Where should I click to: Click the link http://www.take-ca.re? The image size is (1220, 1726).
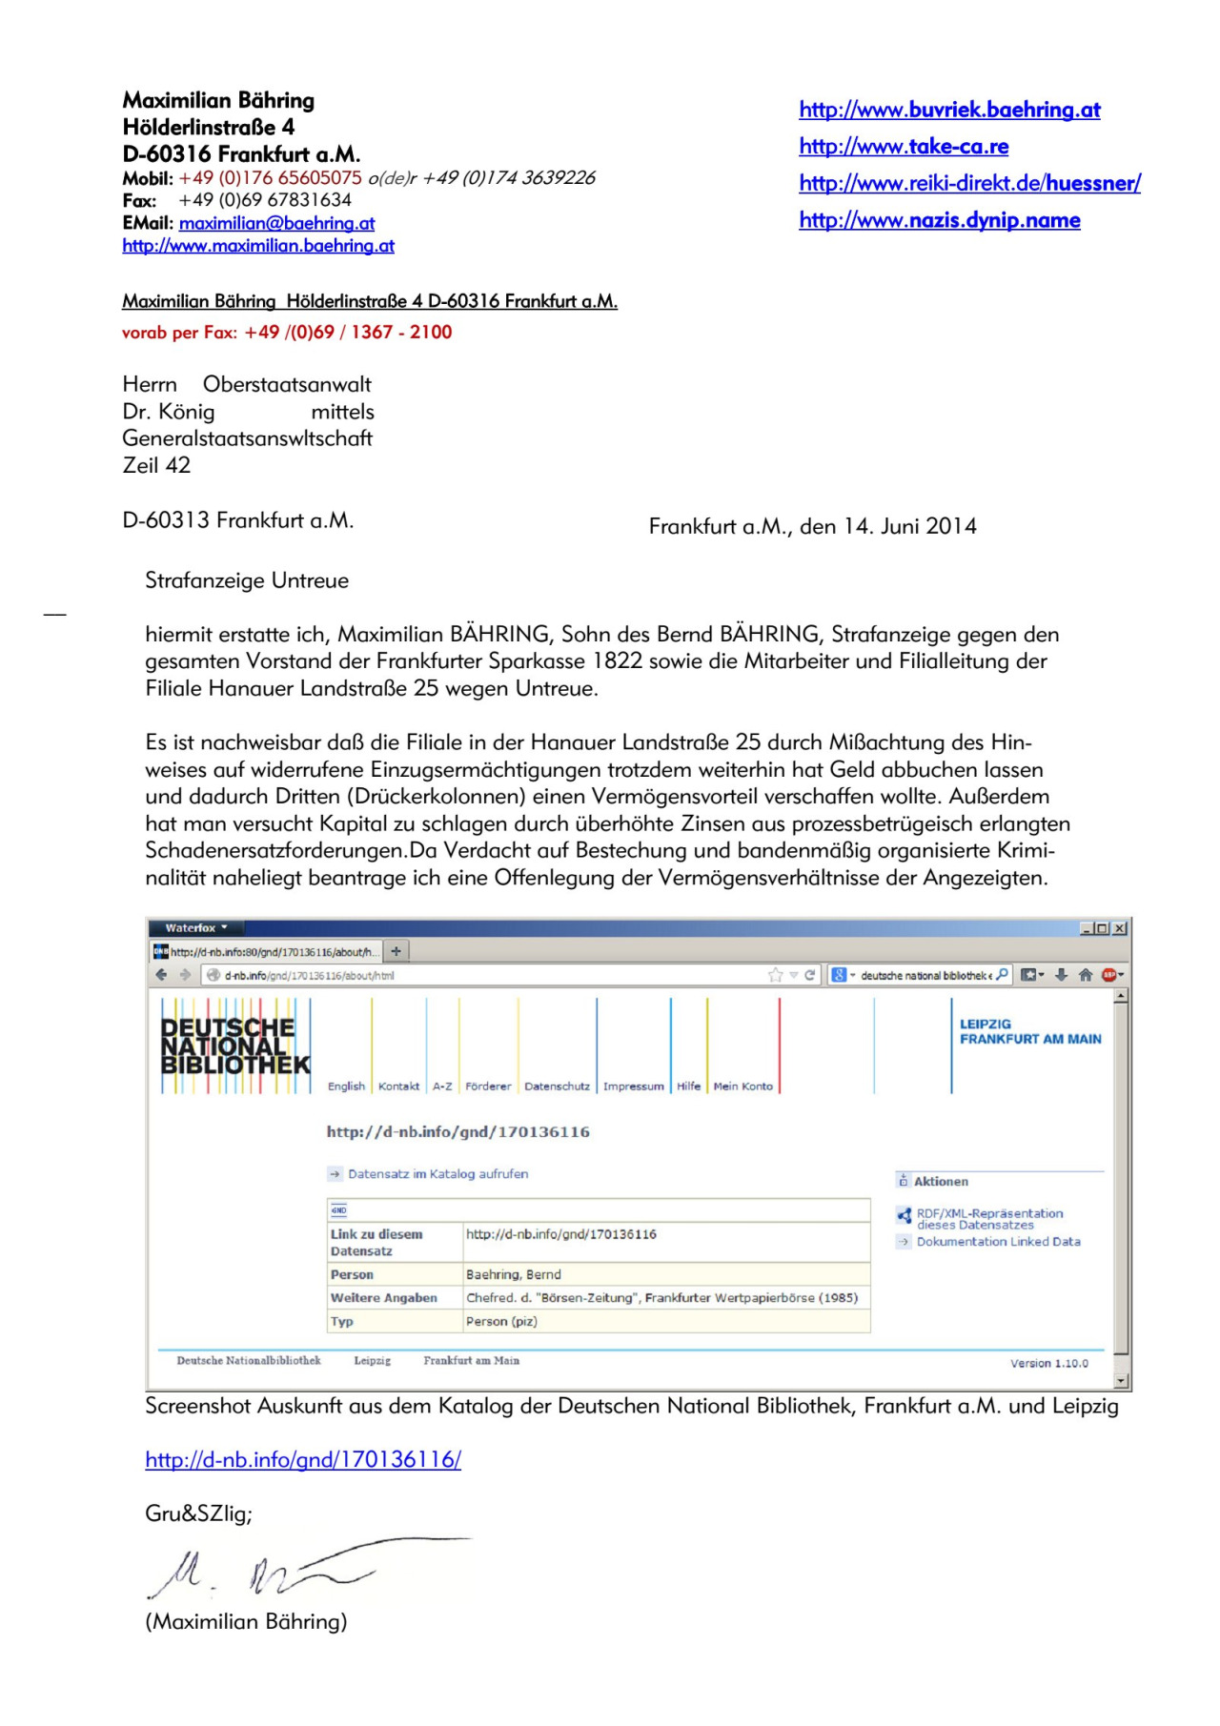coord(904,147)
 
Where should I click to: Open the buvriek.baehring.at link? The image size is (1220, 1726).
coord(949,111)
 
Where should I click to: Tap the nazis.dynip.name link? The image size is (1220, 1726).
coord(940,221)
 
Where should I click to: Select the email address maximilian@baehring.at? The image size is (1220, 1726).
coord(276,223)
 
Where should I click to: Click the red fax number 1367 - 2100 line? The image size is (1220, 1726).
coord(287,333)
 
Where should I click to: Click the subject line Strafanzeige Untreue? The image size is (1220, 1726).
coord(247,580)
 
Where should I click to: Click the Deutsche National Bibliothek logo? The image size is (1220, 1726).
coord(234,1046)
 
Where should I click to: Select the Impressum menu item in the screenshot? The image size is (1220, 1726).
coord(633,1086)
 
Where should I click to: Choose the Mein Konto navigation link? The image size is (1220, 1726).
coord(742,1086)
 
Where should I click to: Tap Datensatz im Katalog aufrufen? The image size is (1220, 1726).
coord(437,1174)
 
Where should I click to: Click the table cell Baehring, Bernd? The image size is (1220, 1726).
coord(514,1274)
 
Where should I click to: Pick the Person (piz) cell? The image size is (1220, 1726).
coord(501,1321)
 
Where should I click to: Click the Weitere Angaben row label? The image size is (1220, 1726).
coord(383,1298)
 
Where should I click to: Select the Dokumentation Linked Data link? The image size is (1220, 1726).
coord(998,1242)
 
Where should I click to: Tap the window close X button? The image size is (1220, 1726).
coord(1119,928)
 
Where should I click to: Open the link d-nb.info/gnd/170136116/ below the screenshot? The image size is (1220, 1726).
coord(303,1459)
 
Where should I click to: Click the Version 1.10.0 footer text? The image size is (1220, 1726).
coord(1048,1364)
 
